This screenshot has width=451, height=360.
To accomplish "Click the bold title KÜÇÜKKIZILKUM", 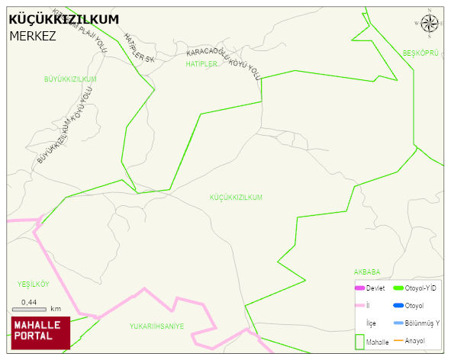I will pos(64,20).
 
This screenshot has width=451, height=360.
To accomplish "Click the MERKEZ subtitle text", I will pos(32,35).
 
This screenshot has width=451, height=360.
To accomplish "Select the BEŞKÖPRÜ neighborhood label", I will pos(421,53).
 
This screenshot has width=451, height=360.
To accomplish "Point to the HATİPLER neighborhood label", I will pos(201,65).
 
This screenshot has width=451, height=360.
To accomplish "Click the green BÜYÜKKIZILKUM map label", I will pos(70,79).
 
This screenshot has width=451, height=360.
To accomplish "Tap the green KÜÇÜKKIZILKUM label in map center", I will pos(236,198).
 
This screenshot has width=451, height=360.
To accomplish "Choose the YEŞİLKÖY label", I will pos(33,284).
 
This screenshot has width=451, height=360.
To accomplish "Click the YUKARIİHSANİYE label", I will pos(156,326).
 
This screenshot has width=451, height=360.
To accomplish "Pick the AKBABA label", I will pos(366,272).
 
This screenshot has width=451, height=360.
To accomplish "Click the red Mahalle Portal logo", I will pos(40,333).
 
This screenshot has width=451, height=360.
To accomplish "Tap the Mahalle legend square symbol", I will pos(359,341).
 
